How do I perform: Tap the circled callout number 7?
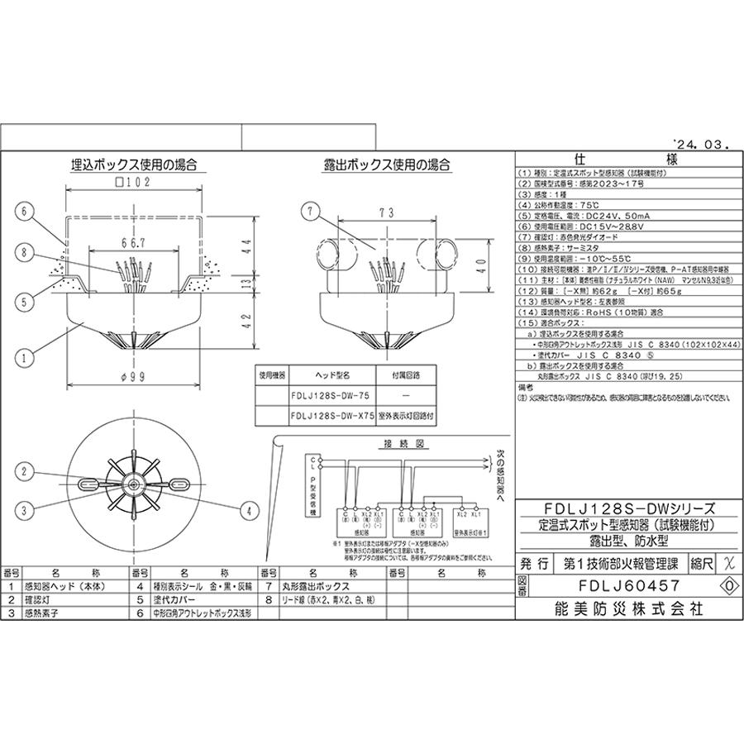click(x=308, y=212)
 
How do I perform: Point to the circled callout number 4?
click(x=246, y=512)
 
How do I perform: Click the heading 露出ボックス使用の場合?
click(x=387, y=165)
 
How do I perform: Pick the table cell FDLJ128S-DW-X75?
click(x=331, y=417)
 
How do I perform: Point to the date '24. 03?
click(x=700, y=143)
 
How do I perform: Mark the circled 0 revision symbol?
click(x=728, y=584)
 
